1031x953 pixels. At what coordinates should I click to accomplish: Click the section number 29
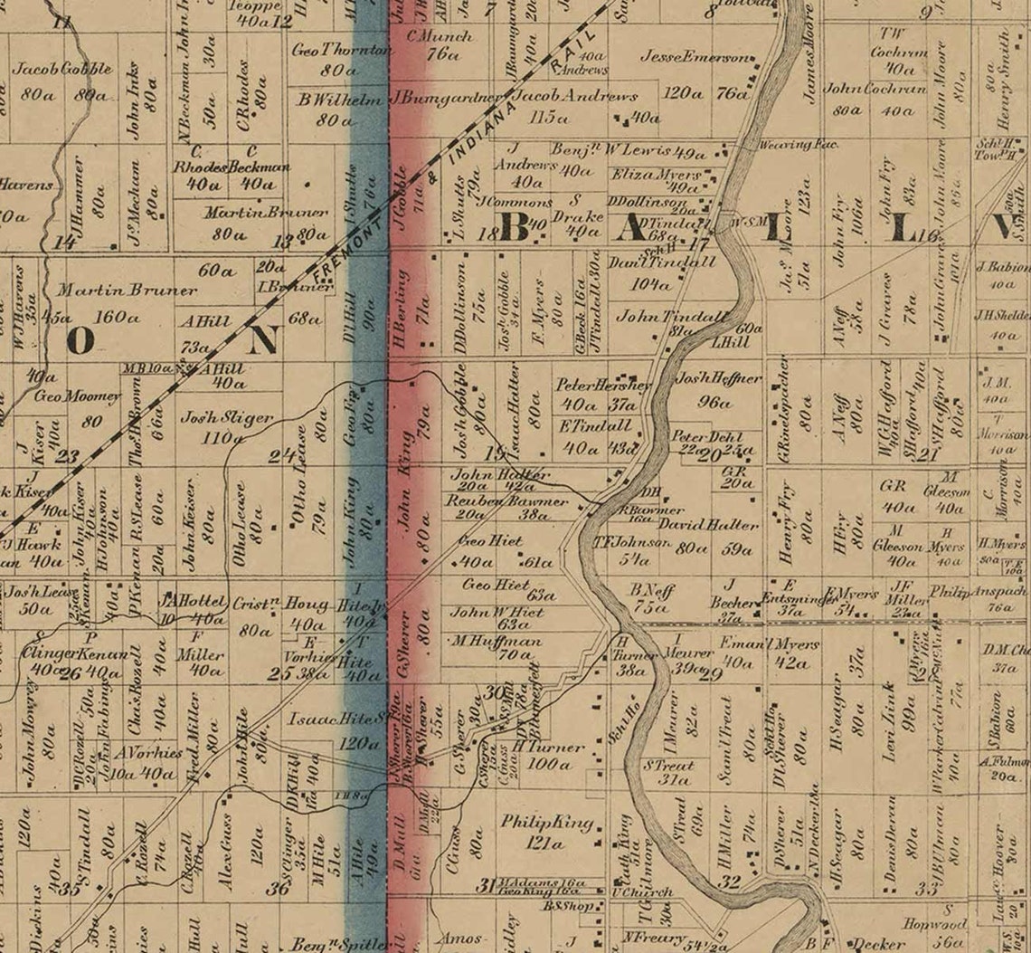click(711, 672)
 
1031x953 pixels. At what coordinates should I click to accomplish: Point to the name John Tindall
click(670, 317)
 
